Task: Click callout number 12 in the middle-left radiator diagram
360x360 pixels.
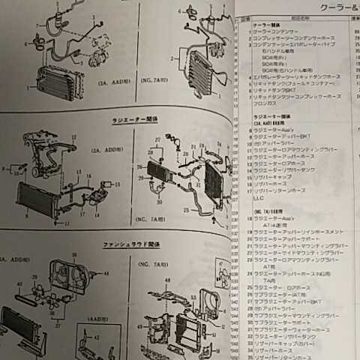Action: coord(72,137)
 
